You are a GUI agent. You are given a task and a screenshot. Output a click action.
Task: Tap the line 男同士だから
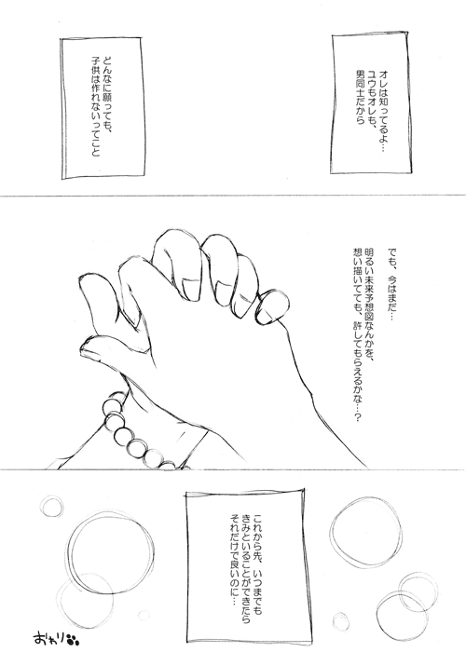click(359, 97)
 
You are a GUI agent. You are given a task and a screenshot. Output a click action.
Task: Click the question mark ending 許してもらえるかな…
click(356, 417)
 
